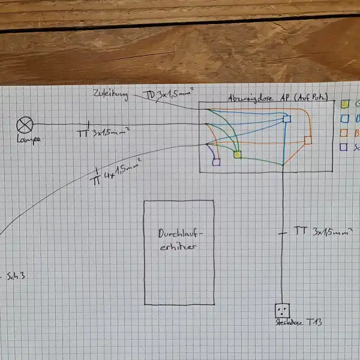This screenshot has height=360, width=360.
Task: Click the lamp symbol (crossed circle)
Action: [25, 125]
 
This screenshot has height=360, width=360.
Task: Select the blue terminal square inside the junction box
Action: [287, 120]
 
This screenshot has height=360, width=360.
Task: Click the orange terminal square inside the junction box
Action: [308, 140]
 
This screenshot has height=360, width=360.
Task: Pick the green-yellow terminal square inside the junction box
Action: [238, 155]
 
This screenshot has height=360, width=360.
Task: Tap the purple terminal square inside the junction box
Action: [216, 161]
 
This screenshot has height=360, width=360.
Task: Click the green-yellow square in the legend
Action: [345, 103]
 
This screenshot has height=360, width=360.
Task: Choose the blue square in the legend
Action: [345, 118]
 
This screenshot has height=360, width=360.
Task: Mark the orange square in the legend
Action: [345, 132]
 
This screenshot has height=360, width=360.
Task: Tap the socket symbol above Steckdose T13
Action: [282, 310]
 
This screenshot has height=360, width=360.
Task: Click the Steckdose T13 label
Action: [298, 323]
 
